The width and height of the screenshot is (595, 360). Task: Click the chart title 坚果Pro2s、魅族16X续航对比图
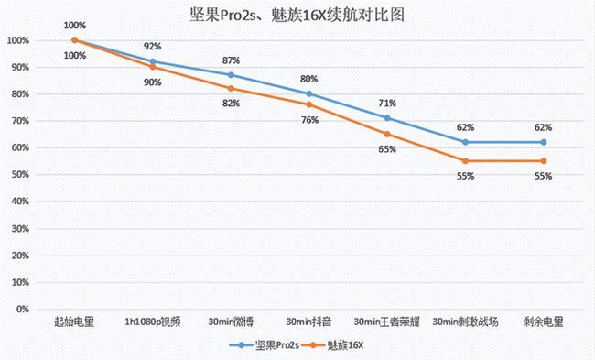(x=297, y=15)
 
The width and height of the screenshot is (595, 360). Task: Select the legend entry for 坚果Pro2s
(x=265, y=345)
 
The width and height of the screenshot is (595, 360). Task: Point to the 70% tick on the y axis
(x=17, y=121)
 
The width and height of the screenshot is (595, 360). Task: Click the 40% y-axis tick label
(x=17, y=202)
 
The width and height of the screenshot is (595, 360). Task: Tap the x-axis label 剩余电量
(x=544, y=322)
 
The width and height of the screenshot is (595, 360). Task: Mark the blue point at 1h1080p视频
(x=153, y=61)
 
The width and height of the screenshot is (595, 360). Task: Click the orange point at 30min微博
(x=231, y=88)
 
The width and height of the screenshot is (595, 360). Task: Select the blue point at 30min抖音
(x=309, y=93)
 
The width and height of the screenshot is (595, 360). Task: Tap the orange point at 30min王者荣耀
(x=387, y=134)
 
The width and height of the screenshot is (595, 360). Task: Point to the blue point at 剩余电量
(x=544, y=142)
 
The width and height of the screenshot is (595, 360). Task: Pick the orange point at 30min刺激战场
(x=466, y=161)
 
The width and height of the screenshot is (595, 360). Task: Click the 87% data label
(x=232, y=60)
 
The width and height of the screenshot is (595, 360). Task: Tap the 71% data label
(x=388, y=103)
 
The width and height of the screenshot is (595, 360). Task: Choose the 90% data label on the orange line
(x=153, y=82)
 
